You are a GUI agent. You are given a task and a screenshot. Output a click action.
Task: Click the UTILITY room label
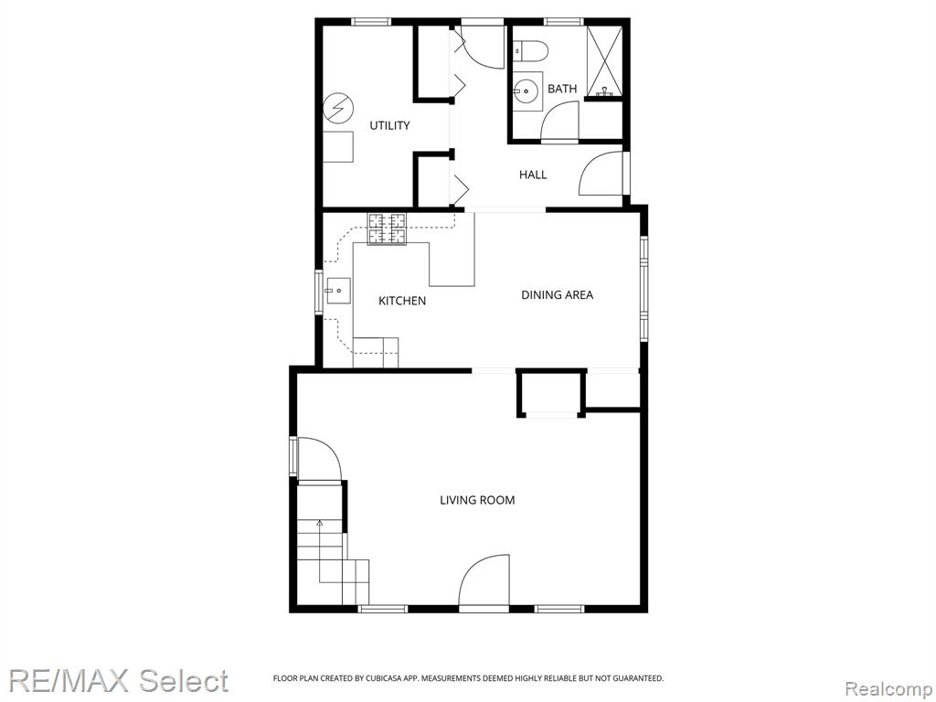389,125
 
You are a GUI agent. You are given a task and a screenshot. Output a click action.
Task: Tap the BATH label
562,89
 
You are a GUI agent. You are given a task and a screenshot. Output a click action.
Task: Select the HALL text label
533,175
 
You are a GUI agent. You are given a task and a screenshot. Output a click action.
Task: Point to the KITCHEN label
402,301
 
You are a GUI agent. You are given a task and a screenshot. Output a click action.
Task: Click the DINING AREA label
557,295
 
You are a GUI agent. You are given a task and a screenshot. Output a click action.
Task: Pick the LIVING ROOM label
477,500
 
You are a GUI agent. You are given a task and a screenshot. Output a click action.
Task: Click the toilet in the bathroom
530,50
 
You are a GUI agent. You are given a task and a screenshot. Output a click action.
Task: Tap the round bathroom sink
526,92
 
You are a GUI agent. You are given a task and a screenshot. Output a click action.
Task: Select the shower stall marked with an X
604,60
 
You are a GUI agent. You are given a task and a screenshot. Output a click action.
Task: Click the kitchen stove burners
387,229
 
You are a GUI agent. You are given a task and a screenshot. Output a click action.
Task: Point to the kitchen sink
338,291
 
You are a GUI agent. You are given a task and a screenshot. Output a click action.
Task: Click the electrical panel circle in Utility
338,109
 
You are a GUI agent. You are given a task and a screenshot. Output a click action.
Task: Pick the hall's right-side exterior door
601,173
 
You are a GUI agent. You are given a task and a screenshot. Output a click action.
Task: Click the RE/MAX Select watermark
118,680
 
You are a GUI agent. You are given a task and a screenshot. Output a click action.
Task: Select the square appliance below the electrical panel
338,147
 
